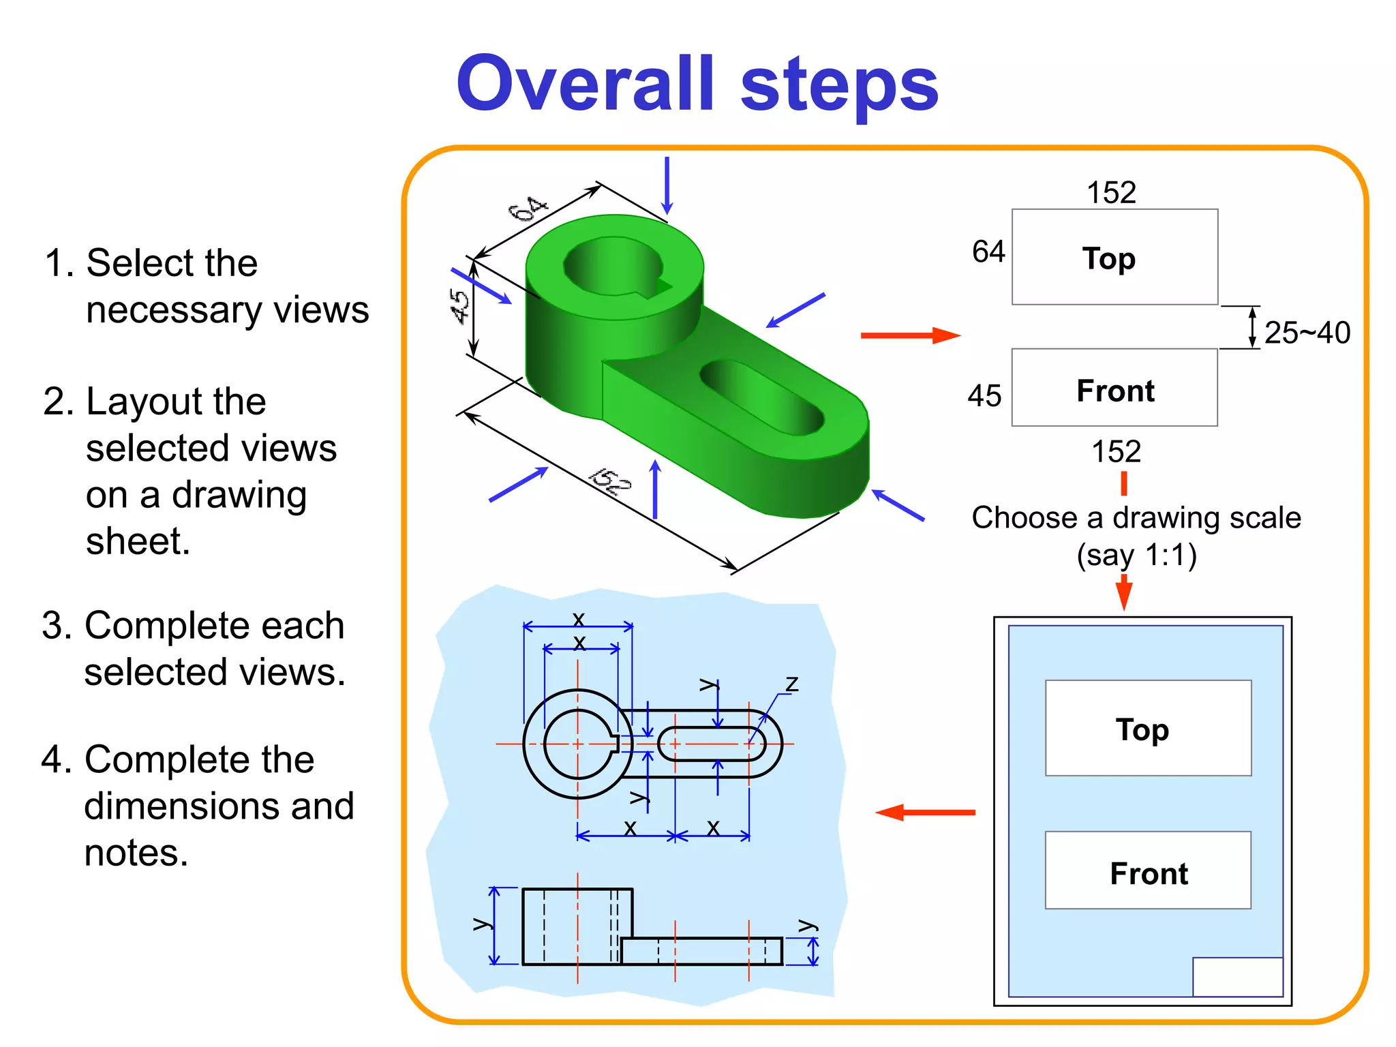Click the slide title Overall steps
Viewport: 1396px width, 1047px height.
click(697, 85)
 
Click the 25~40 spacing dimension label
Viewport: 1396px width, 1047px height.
click(1306, 333)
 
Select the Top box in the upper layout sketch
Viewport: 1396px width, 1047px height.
click(1114, 257)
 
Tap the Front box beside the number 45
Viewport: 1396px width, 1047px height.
click(1114, 389)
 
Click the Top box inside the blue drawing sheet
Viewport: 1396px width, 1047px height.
click(1148, 728)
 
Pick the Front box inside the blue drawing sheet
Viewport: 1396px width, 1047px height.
click(1148, 871)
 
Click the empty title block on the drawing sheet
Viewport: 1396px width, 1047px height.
click(1237, 976)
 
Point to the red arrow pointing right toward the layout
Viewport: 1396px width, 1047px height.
click(910, 335)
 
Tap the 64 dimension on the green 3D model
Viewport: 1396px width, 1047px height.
click(528, 209)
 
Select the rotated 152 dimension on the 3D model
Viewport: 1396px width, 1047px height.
click(610, 481)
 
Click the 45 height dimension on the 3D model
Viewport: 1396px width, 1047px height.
click(460, 306)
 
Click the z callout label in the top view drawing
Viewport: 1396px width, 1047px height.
click(791, 683)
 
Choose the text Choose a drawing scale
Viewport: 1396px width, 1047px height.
click(1136, 517)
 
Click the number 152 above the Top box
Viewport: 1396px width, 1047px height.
click(1111, 192)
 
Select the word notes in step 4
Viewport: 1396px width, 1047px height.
click(135, 853)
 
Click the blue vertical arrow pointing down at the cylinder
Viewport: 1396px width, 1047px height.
click(667, 185)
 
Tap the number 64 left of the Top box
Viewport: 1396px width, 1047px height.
click(988, 252)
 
